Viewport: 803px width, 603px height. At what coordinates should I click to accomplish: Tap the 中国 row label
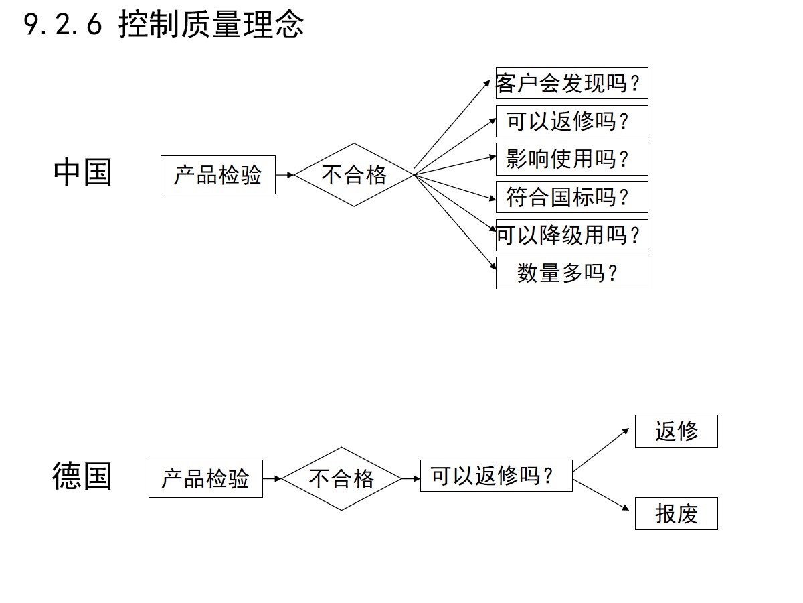pos(82,172)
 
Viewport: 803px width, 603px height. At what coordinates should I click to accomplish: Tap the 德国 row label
pos(82,476)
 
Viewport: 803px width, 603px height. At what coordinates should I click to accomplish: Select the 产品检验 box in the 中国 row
pos(218,175)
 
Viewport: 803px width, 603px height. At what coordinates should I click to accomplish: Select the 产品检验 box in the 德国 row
pos(205,478)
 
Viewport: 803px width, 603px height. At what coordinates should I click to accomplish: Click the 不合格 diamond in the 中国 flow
pos(354,175)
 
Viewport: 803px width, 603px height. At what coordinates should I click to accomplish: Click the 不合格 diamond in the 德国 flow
pos(341,478)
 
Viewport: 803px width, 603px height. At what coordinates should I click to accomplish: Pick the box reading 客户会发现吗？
pos(571,83)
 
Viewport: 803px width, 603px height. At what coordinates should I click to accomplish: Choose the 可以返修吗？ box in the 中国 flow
pos(571,121)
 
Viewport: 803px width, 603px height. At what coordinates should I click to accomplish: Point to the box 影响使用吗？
pos(571,159)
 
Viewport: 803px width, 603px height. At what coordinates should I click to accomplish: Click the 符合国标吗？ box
pos(571,197)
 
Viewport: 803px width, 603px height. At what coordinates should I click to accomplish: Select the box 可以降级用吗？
pos(571,235)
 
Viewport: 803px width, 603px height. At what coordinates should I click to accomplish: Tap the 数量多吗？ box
pos(571,273)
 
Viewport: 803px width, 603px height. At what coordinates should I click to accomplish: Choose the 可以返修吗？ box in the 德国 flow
pos(496,476)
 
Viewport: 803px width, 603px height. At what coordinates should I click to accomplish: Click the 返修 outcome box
pos(676,431)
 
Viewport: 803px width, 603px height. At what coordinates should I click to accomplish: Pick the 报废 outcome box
pos(676,513)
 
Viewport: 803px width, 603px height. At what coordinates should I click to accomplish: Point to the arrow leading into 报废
pos(603,494)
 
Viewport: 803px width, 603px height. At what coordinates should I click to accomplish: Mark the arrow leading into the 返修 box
pos(603,450)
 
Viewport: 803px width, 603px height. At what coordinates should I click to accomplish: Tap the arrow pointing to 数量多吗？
pos(455,221)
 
